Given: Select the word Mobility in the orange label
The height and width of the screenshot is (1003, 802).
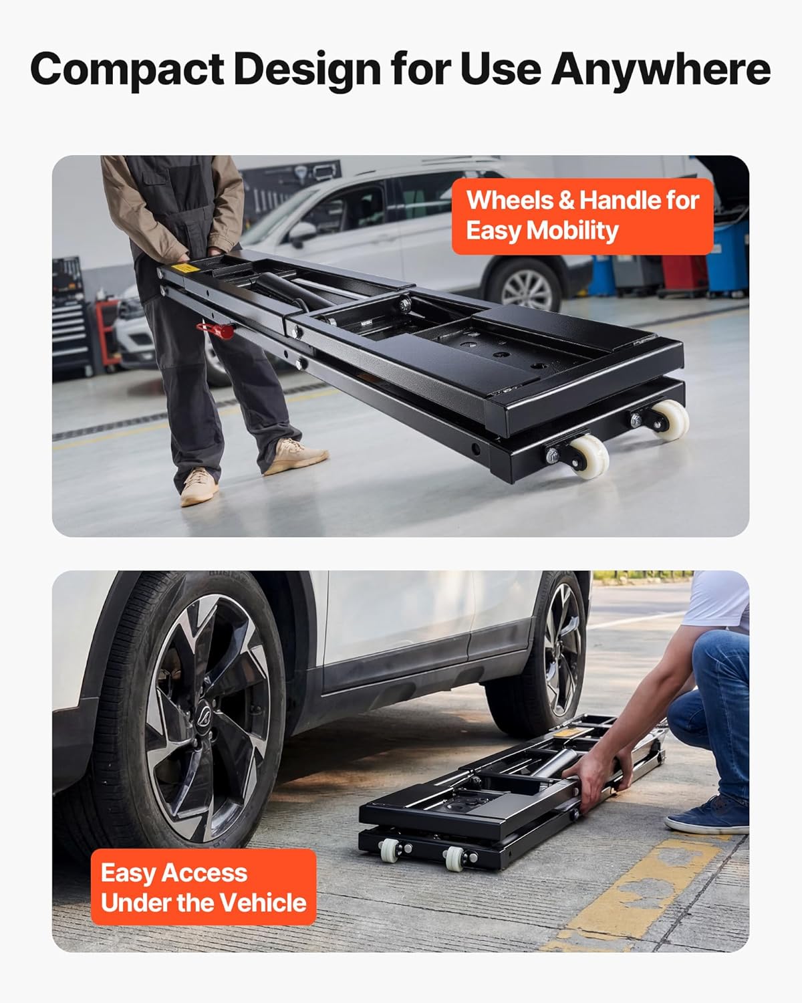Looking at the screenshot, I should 572,231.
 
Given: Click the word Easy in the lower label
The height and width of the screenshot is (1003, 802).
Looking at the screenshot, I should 128,873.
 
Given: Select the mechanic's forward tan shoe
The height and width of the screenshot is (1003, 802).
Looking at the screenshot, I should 295,456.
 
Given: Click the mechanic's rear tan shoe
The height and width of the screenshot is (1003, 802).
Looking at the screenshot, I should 198,485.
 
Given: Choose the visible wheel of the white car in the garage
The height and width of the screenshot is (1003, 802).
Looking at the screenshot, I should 528,288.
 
